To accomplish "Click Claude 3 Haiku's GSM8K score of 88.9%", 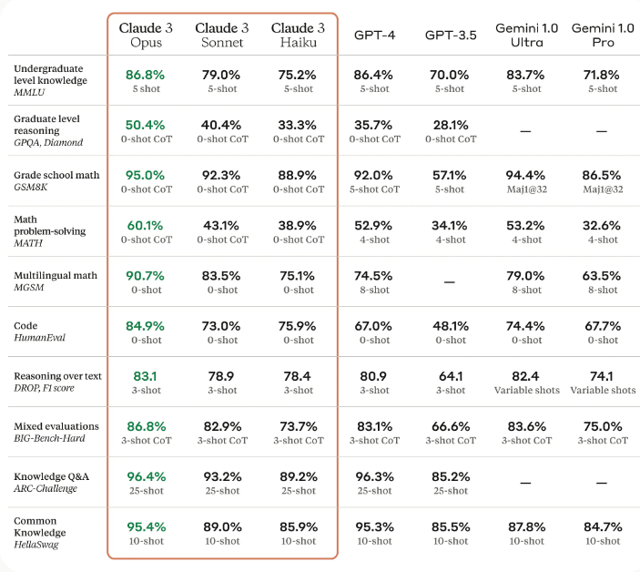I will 298,174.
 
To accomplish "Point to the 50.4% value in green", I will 146,124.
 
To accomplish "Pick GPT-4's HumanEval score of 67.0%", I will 374,325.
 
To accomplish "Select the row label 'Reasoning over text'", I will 57,376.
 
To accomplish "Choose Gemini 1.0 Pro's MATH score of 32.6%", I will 603,225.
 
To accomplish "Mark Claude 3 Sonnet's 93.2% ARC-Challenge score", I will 222,476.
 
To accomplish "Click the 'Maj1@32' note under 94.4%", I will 526,189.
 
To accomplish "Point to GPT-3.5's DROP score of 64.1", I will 450,375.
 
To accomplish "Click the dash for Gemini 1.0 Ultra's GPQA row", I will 526,131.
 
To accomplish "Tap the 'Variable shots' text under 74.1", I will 603,391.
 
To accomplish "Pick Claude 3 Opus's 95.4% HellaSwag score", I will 146,526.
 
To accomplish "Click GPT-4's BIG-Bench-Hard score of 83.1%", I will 374,425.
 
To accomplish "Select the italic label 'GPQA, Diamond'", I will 48,142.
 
